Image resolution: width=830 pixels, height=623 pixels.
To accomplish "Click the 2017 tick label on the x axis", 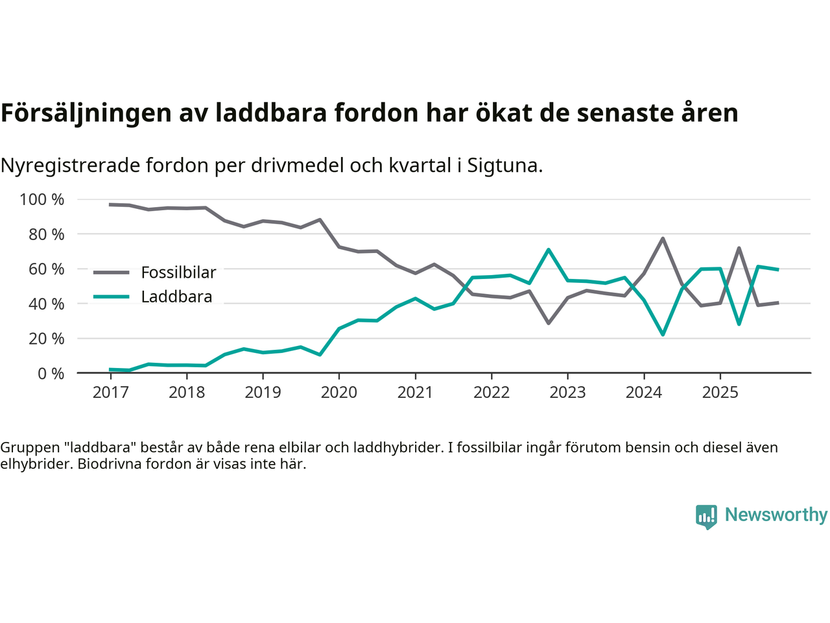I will [x=110, y=393].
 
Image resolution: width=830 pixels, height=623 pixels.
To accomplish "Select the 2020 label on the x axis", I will [x=339, y=393].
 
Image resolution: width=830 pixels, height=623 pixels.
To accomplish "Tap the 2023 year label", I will [x=567, y=393].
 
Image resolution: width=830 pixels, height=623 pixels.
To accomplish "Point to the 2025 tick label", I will [x=720, y=393].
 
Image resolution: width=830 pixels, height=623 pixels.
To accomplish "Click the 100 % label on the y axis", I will [x=42, y=200].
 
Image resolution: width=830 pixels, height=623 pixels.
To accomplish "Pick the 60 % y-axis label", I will [x=45, y=269].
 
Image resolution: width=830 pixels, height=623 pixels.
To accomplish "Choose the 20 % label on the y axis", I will [x=45, y=339].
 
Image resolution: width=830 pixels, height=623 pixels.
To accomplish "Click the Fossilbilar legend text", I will [x=178, y=273].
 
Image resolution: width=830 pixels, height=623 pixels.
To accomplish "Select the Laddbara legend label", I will [x=176, y=297].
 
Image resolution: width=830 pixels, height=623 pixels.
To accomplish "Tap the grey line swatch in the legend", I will [x=112, y=273].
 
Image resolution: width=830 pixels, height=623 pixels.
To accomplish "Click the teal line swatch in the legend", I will [x=112, y=297].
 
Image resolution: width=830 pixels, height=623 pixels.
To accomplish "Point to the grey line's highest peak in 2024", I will [x=663, y=238].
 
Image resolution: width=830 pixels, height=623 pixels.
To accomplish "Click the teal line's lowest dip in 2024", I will [x=663, y=334].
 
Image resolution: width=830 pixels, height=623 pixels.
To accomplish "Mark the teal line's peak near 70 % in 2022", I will [x=549, y=250].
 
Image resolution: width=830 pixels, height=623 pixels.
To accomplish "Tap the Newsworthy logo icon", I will [x=706, y=517].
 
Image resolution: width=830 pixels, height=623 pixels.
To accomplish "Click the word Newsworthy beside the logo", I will [x=776, y=515].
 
